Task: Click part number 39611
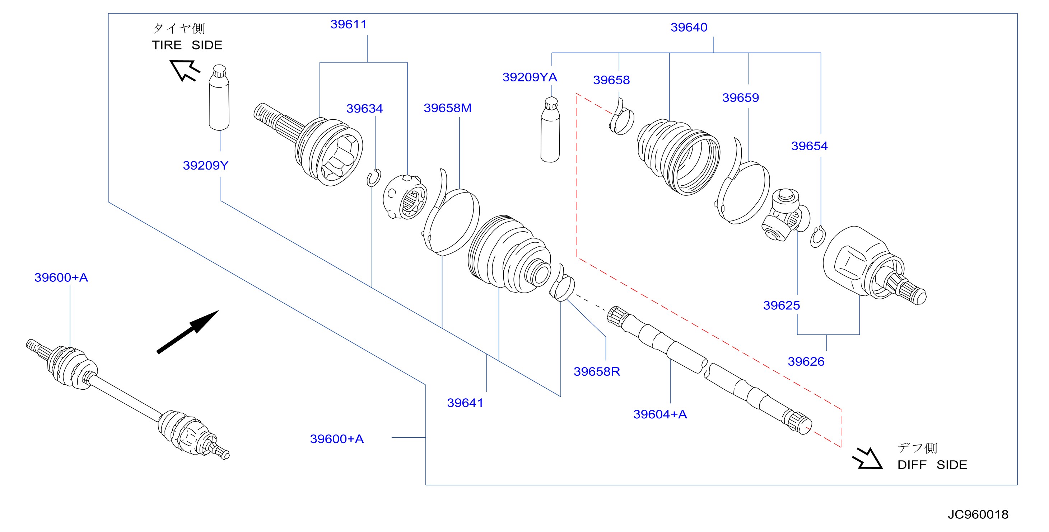click(x=348, y=24)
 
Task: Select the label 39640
click(x=689, y=27)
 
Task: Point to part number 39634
click(x=364, y=109)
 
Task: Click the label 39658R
click(x=597, y=371)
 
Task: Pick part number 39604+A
click(x=660, y=414)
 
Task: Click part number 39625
click(x=781, y=305)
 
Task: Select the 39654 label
click(x=809, y=146)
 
